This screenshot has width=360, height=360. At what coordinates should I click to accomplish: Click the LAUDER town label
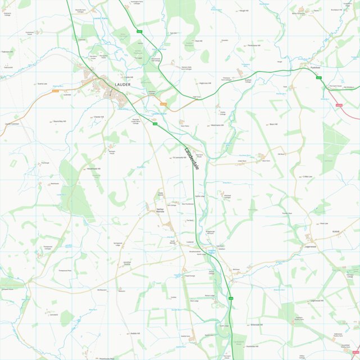click(x=122, y=85)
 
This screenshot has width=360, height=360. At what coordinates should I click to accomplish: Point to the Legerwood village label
click(x=311, y=246)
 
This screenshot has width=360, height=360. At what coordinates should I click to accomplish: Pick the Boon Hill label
click(x=274, y=124)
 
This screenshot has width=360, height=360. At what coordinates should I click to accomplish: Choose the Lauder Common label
click(x=12, y=124)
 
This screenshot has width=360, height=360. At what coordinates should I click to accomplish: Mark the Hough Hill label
click(x=243, y=11)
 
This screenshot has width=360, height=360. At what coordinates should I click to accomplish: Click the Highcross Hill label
click(x=205, y=83)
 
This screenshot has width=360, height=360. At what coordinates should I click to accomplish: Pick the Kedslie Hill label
click(x=135, y=334)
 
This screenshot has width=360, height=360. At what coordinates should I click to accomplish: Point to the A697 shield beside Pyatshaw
click(x=318, y=77)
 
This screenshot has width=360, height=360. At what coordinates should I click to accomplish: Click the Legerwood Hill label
click(x=317, y=300)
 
